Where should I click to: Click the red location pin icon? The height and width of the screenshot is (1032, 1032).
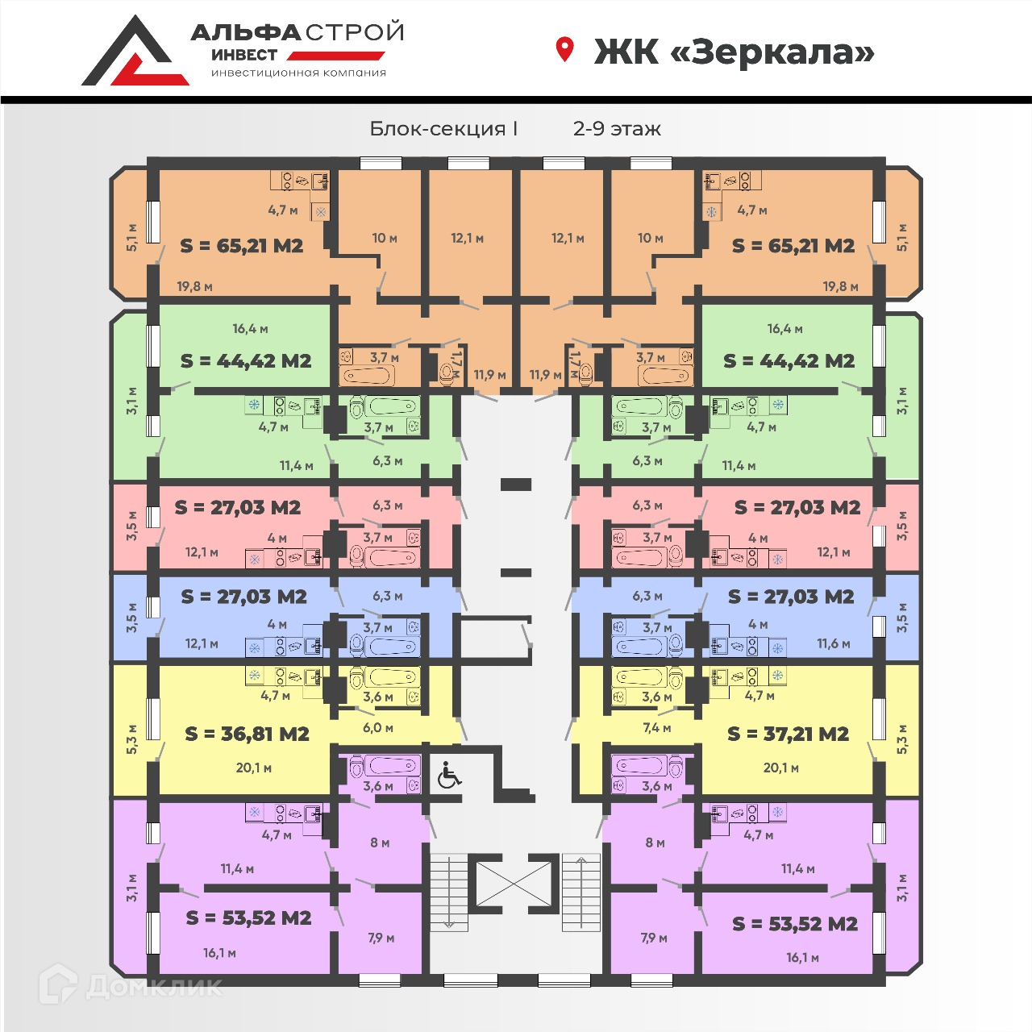pyautogui.click(x=564, y=49)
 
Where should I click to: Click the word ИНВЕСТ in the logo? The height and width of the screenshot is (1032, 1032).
pyautogui.click(x=244, y=55)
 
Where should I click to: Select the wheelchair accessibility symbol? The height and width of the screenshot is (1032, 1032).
pyautogui.click(x=449, y=775)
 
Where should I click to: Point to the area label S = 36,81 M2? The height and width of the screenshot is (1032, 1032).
pyautogui.click(x=247, y=734)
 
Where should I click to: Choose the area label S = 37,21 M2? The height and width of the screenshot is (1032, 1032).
pyautogui.click(x=788, y=734)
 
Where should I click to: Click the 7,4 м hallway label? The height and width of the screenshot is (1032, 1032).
pyautogui.click(x=656, y=728)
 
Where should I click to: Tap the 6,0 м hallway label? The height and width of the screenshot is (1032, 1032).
pyautogui.click(x=378, y=728)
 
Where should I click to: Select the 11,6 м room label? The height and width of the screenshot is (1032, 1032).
pyautogui.click(x=834, y=643)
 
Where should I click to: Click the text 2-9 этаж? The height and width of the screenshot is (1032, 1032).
pyautogui.click(x=617, y=129)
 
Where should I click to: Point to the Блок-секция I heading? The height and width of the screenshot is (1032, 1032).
pyautogui.click(x=443, y=129)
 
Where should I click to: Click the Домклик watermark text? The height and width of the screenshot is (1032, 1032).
pyautogui.click(x=154, y=986)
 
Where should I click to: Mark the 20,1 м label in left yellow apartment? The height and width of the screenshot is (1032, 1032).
pyautogui.click(x=254, y=768)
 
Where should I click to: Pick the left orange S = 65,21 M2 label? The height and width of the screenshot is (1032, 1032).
pyautogui.click(x=242, y=246)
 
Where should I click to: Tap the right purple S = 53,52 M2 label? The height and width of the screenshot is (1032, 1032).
pyautogui.click(x=795, y=924)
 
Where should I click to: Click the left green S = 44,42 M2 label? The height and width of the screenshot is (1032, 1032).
pyautogui.click(x=246, y=361)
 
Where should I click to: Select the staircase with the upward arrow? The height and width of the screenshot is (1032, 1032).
pyautogui.click(x=581, y=893)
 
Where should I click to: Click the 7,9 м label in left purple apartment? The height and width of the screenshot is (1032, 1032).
pyautogui.click(x=381, y=938)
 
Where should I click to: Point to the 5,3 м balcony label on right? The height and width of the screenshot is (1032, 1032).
pyautogui.click(x=902, y=739)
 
